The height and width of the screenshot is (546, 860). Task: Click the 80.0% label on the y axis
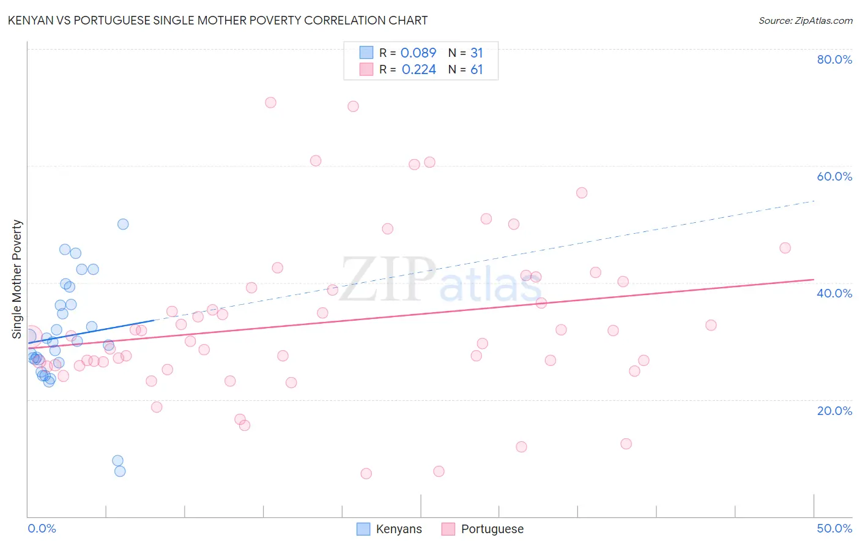834,59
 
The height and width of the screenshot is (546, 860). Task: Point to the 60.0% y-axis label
834,176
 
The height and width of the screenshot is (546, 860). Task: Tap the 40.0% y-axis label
834,293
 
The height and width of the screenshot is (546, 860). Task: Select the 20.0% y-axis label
834,410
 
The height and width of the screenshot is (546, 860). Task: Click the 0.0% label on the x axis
42,528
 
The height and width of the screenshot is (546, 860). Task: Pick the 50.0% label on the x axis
834,528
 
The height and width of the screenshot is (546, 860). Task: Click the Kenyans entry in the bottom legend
398,529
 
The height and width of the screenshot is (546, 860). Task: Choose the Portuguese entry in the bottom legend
492,529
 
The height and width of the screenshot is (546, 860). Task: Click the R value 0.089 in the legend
418,53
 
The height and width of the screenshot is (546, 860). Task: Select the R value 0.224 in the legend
418,70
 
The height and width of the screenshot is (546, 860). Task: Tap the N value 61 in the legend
476,70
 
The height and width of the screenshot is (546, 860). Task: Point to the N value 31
476,53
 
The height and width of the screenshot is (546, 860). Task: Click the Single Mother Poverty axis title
17,279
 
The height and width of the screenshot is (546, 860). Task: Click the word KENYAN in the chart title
30,20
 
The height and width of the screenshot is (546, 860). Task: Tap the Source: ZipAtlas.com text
805,20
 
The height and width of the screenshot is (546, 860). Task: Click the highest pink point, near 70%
270,102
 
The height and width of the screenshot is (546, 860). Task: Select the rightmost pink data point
785,248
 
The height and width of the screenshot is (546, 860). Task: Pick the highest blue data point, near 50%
123,224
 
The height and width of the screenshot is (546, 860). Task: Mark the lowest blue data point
120,471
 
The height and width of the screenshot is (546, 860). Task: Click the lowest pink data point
366,473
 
